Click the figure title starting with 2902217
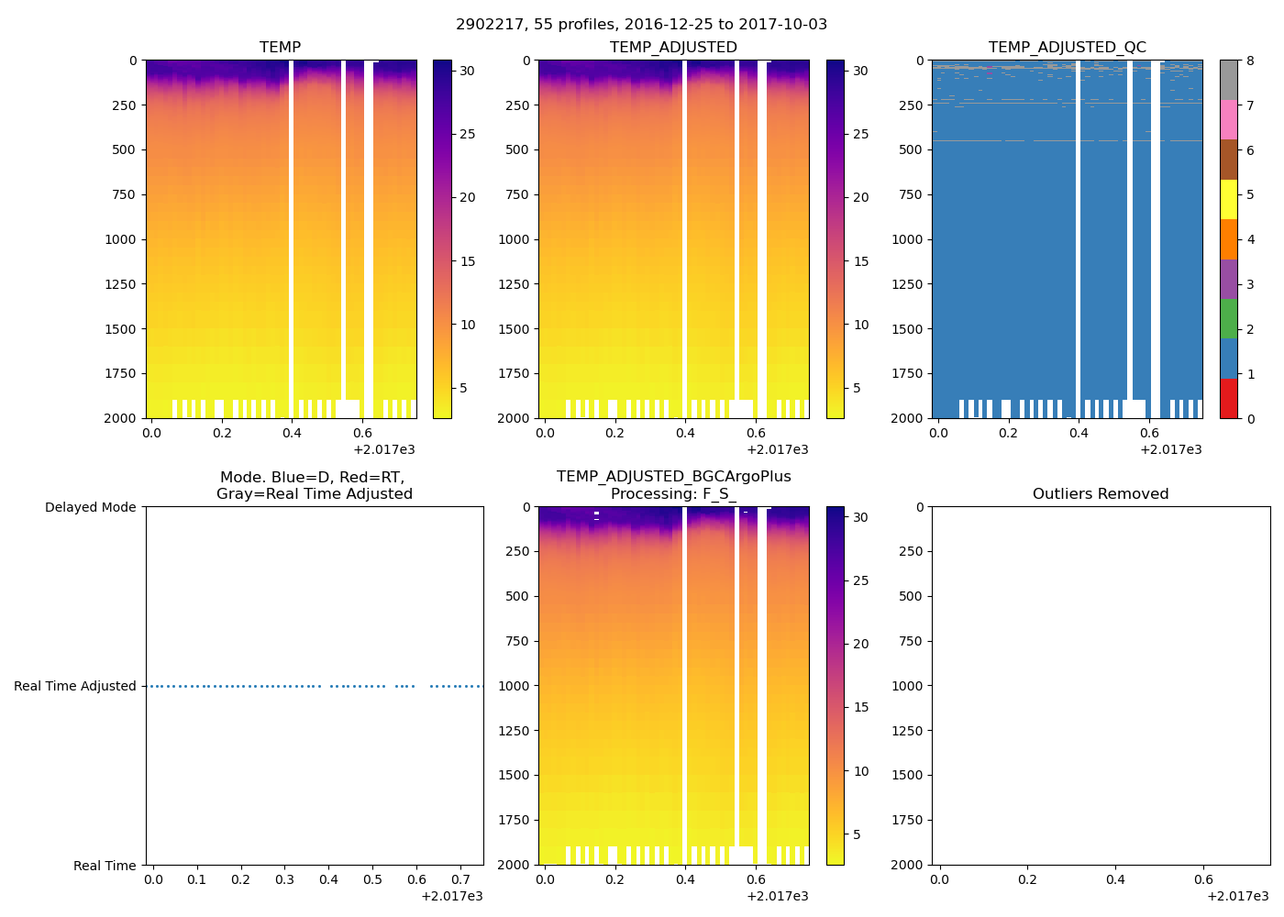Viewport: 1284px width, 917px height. [641, 25]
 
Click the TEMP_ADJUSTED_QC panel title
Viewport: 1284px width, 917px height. [1067, 48]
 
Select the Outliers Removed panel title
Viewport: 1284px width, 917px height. [1101, 494]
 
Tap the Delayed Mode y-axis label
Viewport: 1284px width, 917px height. [90, 507]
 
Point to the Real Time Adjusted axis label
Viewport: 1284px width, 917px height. [74, 686]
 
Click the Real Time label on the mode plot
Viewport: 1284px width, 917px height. [105, 866]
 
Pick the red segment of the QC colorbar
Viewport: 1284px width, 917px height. [1228, 399]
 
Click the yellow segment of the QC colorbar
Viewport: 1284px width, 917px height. [1228, 199]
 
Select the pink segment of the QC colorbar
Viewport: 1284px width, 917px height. [1228, 119]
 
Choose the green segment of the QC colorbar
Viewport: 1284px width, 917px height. [1228, 318]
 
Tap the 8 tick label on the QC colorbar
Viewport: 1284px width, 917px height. [1250, 61]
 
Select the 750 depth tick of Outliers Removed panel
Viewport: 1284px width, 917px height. [911, 641]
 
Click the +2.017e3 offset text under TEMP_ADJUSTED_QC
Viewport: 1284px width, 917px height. [1170, 449]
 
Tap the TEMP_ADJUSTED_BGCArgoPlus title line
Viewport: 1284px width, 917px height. [673, 477]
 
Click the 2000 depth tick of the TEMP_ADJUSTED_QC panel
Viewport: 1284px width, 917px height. [907, 418]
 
